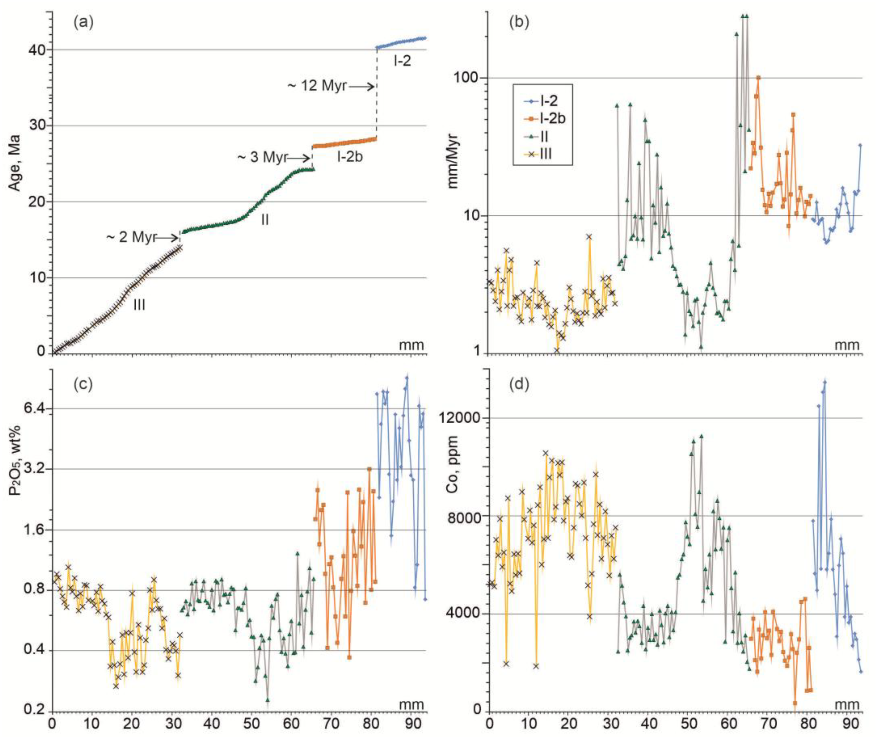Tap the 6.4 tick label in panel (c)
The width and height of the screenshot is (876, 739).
point(35,409)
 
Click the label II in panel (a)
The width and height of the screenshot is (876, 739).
point(265,220)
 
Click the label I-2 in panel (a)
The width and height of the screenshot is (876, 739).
point(402,61)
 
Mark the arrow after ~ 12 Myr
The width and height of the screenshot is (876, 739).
point(361,87)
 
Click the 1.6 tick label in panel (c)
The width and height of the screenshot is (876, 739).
point(35,530)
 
